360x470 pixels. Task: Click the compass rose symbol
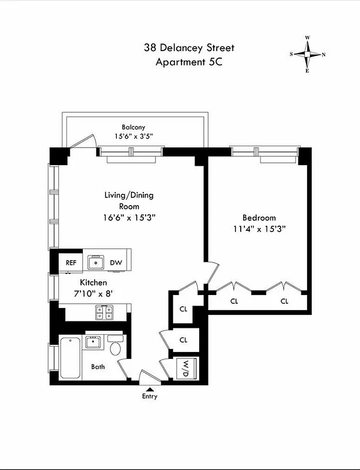tap(307, 54)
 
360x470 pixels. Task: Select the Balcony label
tap(133, 127)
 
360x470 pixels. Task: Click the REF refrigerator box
tap(71, 263)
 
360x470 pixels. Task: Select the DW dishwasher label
tap(116, 263)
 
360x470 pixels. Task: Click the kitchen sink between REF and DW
tap(95, 262)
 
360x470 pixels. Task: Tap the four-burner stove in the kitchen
tap(104, 312)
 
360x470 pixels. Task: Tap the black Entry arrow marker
tap(149, 388)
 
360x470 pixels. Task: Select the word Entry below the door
tap(149, 397)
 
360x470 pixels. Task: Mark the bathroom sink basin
tap(94, 343)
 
